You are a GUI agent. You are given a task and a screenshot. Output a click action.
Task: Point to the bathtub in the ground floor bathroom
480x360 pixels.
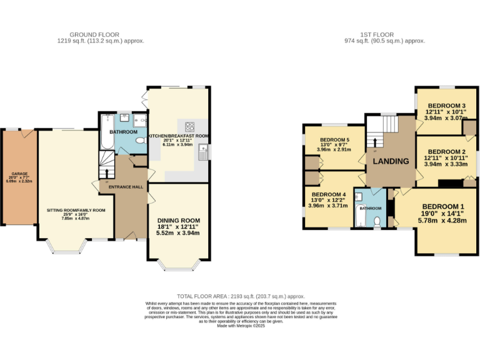click(106, 132)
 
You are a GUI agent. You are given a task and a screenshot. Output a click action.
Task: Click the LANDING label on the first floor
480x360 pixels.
click(391, 161)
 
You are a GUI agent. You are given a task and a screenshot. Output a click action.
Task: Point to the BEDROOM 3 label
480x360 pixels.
click(446, 106)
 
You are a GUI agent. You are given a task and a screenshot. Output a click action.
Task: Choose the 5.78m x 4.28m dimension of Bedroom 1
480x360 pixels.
click(442, 220)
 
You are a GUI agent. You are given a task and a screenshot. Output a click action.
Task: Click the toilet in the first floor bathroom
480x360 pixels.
click(376, 221)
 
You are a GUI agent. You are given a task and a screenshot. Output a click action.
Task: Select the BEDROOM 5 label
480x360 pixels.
click(334, 140)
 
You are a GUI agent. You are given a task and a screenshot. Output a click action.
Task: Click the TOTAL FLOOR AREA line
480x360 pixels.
click(241, 296)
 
